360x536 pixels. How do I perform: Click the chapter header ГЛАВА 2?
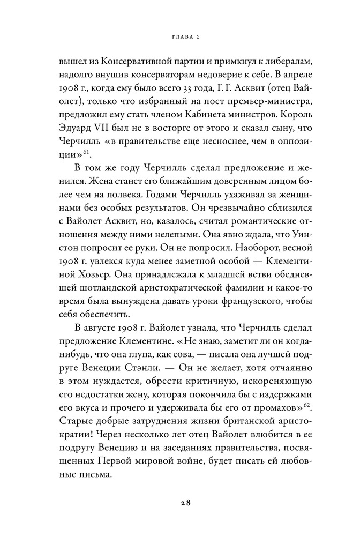[179, 38]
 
